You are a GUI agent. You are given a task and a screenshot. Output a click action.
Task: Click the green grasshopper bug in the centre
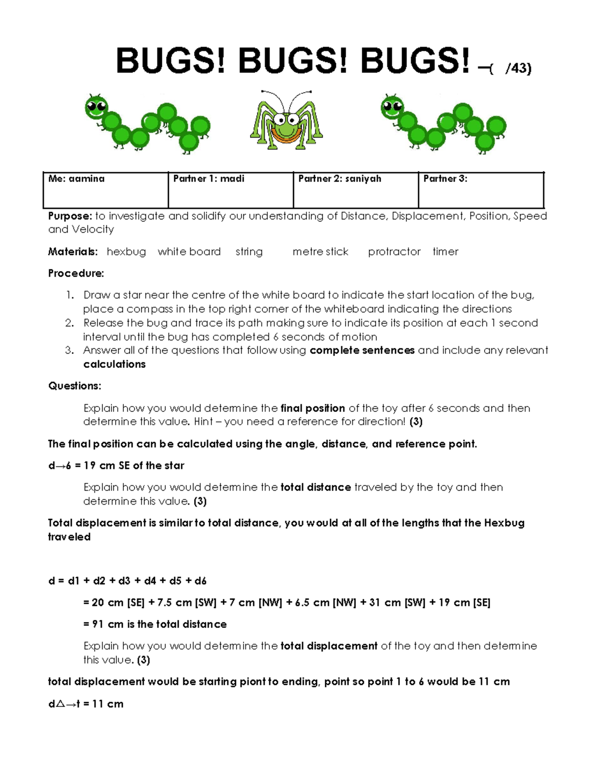pos(286,121)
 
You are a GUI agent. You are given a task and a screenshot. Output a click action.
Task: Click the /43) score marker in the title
pos(518,69)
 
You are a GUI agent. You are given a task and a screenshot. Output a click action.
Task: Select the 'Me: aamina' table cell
pos(105,190)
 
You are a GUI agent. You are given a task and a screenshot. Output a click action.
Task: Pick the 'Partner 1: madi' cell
pos(231,190)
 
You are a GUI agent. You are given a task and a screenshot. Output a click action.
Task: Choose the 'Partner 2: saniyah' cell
pos(355,190)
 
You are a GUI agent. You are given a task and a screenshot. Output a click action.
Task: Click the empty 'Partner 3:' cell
pos(481,190)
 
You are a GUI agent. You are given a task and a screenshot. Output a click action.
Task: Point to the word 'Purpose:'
pos(70,216)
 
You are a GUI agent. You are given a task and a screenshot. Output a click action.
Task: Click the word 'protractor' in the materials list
pos(394,252)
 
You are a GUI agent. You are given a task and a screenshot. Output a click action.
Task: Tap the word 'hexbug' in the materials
pos(126,252)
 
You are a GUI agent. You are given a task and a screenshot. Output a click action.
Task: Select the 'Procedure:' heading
pos(76,273)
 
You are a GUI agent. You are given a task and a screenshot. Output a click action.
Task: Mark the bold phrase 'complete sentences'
pos(362,350)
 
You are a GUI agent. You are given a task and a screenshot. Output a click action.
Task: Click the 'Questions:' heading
pos(75,386)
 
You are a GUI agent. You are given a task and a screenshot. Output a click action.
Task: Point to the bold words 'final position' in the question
pos(312,408)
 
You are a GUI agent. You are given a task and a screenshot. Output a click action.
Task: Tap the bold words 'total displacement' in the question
pos(329,646)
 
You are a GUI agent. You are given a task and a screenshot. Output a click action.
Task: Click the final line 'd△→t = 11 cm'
pos(86,704)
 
